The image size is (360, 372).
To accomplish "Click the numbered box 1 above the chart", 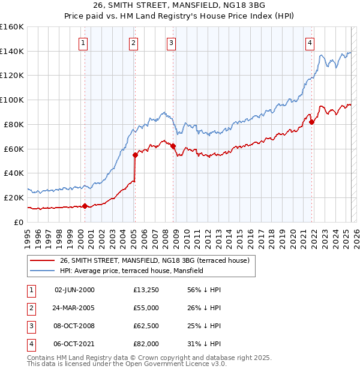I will click(x=82, y=43).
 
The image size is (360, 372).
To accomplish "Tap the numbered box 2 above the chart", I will click(x=133, y=43).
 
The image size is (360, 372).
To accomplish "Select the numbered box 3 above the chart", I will click(x=171, y=43).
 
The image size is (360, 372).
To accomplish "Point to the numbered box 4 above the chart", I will click(x=310, y=43).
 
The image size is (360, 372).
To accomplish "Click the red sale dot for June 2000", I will click(x=85, y=206).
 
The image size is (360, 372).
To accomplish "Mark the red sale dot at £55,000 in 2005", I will click(x=136, y=155).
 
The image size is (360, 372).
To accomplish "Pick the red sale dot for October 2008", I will click(x=173, y=146).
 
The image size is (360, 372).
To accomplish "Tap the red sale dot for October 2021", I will click(x=312, y=122).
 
